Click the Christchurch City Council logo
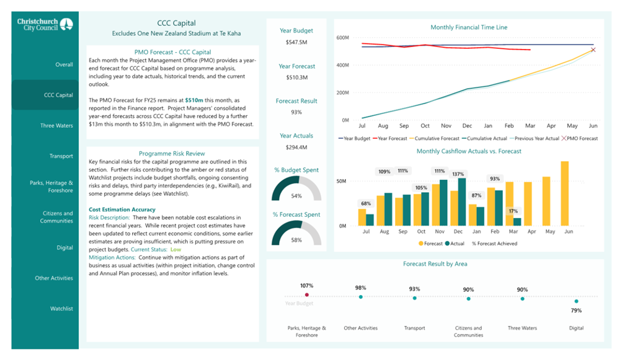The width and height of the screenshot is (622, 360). click(x=45, y=25)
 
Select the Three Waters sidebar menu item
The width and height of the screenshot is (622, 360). click(x=56, y=126)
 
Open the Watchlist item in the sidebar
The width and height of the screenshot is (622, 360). click(x=61, y=309)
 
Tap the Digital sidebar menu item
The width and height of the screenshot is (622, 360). click(x=64, y=248)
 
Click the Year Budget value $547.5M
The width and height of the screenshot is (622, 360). click(x=296, y=42)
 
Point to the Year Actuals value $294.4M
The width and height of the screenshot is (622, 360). click(x=296, y=147)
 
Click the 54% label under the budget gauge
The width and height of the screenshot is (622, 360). click(x=296, y=196)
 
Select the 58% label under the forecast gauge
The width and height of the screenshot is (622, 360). click(x=296, y=240)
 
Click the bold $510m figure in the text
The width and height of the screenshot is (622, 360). click(x=194, y=100)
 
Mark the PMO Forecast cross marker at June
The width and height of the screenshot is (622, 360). click(x=593, y=50)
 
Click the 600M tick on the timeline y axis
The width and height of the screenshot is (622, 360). click(x=343, y=38)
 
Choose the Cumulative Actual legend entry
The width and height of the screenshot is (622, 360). click(x=484, y=138)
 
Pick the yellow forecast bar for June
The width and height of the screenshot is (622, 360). click(x=564, y=193)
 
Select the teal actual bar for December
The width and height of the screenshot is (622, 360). click(x=462, y=202)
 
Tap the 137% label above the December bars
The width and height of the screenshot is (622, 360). click(x=458, y=174)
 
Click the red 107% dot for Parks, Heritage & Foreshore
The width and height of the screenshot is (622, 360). click(x=306, y=295)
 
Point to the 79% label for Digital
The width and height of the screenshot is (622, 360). click(x=576, y=310)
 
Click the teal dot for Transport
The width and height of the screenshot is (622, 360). click(x=414, y=298)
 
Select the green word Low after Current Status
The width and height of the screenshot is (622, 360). click(x=175, y=249)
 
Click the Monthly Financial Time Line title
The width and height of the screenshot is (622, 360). click(x=469, y=27)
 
